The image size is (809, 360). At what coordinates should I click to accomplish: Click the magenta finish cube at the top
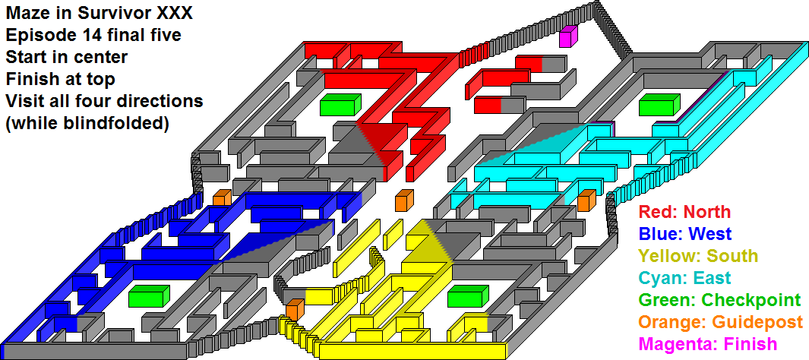point(568,36)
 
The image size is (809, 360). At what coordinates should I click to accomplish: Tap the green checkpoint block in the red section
point(340,105)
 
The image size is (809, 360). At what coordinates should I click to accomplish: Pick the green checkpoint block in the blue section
point(149,295)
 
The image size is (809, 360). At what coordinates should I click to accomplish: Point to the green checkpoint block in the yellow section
point(468,295)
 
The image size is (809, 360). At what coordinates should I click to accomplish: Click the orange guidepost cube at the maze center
point(404,200)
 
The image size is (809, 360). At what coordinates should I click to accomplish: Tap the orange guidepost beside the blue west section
point(222,198)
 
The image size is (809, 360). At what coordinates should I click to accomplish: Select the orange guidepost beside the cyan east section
point(586,200)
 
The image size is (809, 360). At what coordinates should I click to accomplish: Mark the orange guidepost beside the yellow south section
point(295,309)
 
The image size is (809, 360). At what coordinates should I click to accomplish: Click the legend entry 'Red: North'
point(684,211)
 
